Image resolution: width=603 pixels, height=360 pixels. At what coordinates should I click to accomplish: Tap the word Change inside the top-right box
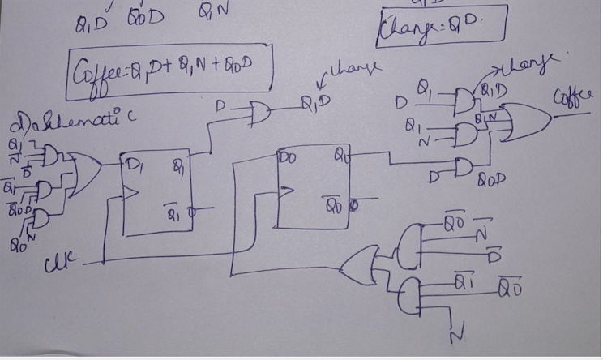(x=404, y=32)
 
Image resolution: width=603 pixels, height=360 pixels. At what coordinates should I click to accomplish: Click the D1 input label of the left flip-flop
(x=134, y=166)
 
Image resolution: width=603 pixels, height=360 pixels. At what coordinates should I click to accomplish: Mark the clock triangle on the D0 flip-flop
(x=283, y=191)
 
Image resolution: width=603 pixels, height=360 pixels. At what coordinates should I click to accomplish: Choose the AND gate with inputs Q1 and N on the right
(x=465, y=135)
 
